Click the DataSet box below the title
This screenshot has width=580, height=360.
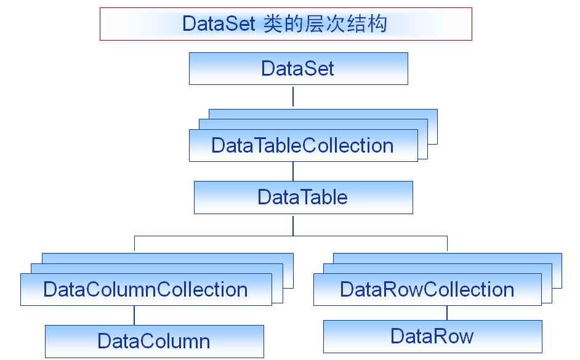click(x=298, y=68)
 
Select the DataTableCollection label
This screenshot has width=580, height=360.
click(x=302, y=146)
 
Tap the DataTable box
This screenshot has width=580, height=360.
click(x=303, y=198)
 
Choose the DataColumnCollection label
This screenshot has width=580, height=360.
click(x=145, y=290)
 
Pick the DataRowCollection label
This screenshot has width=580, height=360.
click(x=427, y=290)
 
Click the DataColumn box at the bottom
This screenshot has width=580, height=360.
click(x=154, y=341)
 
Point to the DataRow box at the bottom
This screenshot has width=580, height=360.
click(x=432, y=336)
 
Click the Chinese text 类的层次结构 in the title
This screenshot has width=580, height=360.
click(x=324, y=24)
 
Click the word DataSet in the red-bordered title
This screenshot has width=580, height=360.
click(x=219, y=24)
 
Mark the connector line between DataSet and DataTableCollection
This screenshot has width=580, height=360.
click(x=293, y=97)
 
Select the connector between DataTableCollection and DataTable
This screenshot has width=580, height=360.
click(x=293, y=171)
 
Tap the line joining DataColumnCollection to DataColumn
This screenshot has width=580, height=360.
click(x=134, y=315)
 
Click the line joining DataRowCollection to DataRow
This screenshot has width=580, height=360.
click(x=447, y=313)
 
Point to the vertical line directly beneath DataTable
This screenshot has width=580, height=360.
click(x=293, y=225)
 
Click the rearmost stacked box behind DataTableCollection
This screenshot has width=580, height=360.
click(x=432, y=115)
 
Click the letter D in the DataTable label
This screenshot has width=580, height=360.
click(x=264, y=198)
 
